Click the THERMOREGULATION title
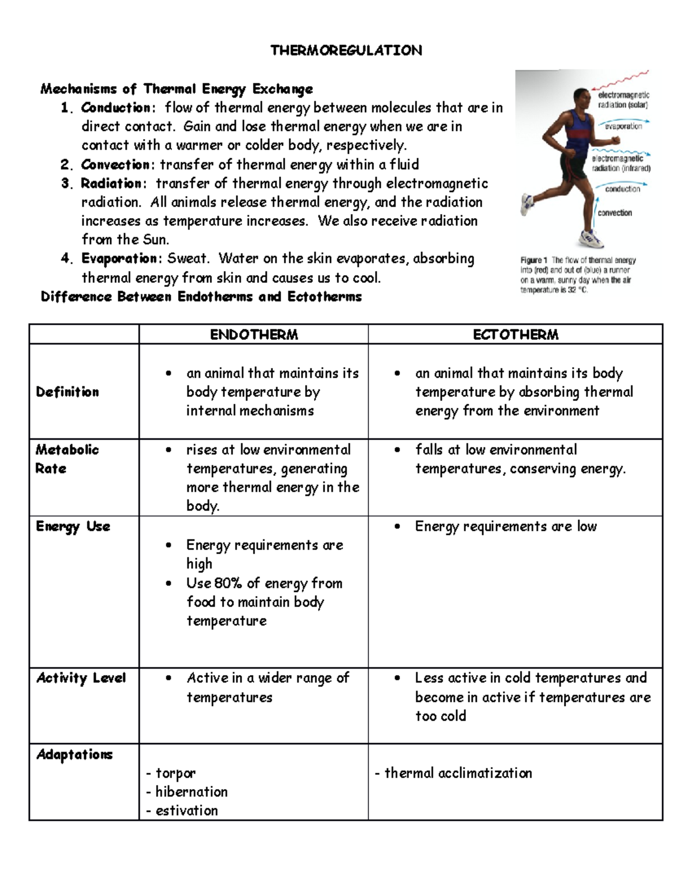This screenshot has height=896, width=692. [346, 51]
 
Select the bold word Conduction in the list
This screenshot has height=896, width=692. [115, 108]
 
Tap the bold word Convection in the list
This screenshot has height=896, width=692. [115, 165]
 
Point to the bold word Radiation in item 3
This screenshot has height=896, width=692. [111, 184]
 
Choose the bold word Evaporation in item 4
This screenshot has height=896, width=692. [119, 258]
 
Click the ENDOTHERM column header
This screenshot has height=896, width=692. [254, 335]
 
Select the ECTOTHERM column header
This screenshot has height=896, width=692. [516, 335]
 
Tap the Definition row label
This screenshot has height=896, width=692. [67, 392]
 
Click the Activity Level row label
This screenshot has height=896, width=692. [81, 678]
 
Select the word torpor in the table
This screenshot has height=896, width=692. [175, 773]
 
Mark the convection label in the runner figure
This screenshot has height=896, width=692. [615, 213]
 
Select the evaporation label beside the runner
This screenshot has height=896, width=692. [623, 126]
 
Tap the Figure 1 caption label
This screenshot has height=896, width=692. [531, 260]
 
